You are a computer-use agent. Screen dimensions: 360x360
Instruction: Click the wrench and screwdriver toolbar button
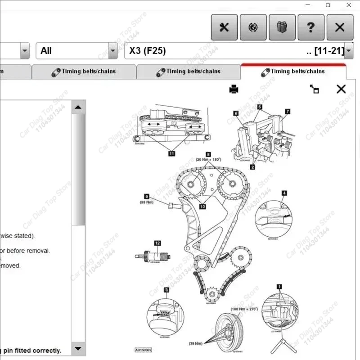pyautogui.click(x=224, y=27)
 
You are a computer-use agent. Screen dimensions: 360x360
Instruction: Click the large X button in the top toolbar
pyautogui.click(x=340, y=27)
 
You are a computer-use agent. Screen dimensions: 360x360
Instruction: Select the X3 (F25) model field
pyautogui.click(x=234, y=51)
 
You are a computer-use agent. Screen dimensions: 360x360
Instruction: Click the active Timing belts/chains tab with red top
pyautogui.click(x=293, y=71)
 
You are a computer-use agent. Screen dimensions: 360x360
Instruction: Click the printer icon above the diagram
pyautogui.click(x=234, y=89)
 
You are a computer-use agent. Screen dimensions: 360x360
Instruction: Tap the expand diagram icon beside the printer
pyautogui.click(x=315, y=89)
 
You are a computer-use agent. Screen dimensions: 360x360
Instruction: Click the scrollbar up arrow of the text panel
pyautogui.click(x=78, y=108)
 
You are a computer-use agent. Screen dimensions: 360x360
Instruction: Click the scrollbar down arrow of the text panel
pyautogui.click(x=78, y=348)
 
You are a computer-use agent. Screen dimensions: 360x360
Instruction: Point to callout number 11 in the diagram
pyautogui.click(x=171, y=153)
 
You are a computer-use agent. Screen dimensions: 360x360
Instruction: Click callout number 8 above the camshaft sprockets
pyautogui.click(x=208, y=154)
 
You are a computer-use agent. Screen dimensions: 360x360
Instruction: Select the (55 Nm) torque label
pyautogui.click(x=147, y=202)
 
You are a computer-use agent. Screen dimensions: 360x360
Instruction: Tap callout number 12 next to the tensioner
pyautogui.click(x=157, y=243)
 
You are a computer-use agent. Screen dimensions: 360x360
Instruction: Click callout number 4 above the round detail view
pyautogui.click(x=284, y=193)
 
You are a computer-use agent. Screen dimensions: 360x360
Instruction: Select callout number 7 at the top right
pyautogui.click(x=287, y=111)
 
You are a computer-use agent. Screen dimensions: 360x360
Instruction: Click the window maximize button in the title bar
pyautogui.click(x=328, y=5)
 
